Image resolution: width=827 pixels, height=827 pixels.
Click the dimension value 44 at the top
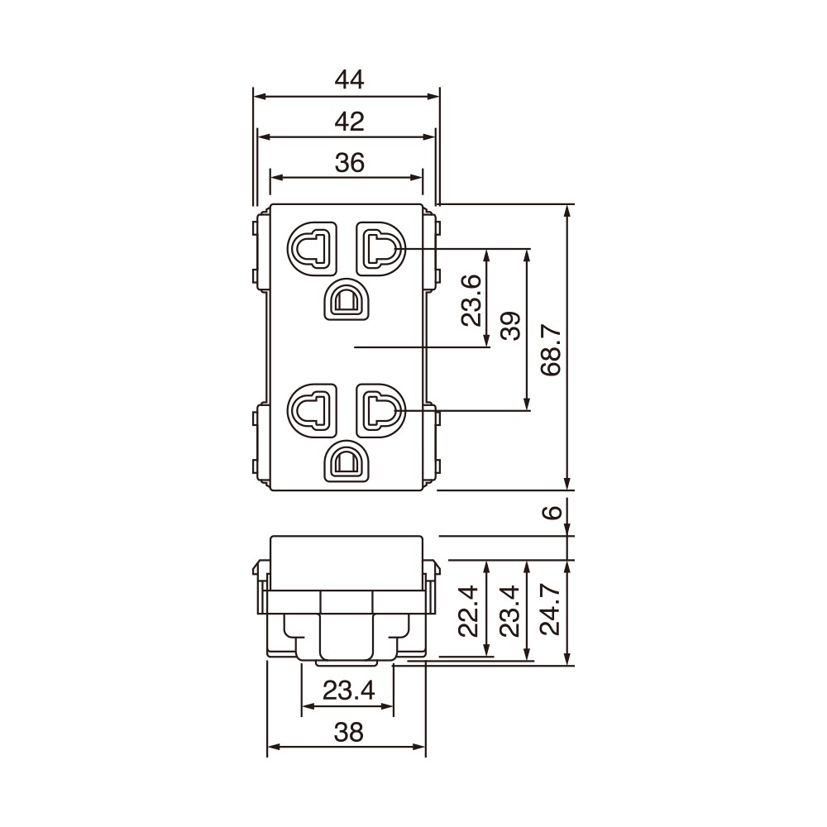click(x=349, y=79)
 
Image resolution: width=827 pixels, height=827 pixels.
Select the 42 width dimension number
click(x=349, y=122)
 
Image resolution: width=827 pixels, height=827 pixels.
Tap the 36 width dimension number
click(x=349, y=162)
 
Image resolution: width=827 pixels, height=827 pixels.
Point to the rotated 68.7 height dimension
click(x=552, y=349)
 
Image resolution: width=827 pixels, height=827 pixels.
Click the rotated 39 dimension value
click(x=511, y=326)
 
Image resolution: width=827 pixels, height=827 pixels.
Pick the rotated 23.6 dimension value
click(x=471, y=301)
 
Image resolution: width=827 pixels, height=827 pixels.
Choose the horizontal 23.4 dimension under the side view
click(x=348, y=690)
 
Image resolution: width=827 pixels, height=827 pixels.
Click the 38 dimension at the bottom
click(x=348, y=731)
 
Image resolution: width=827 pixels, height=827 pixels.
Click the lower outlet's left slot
click(x=312, y=409)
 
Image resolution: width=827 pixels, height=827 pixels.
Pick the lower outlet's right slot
click(x=380, y=409)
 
